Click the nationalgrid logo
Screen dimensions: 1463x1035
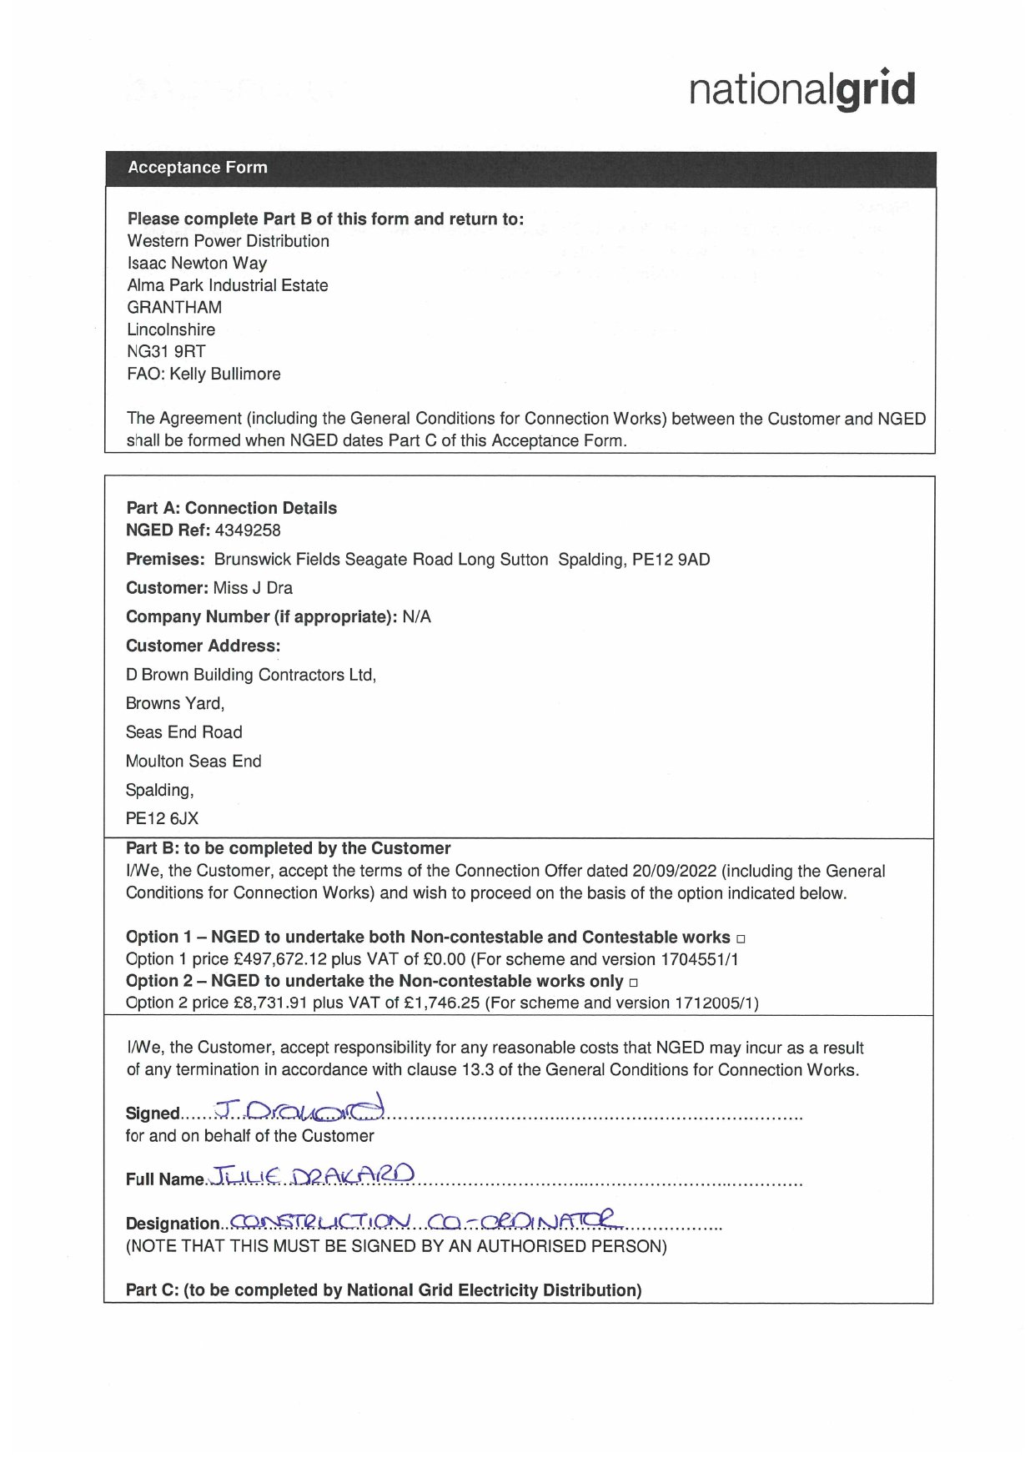[x=801, y=90]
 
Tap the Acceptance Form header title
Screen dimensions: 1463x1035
[x=198, y=168]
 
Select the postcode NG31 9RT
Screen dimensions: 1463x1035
[x=166, y=352]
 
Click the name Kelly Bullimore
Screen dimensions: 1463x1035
[x=225, y=374]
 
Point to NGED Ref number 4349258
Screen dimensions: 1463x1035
[x=248, y=530]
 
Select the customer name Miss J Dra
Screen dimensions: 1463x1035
[x=253, y=588]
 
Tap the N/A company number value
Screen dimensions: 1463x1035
[x=416, y=617]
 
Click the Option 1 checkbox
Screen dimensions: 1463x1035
[x=741, y=939]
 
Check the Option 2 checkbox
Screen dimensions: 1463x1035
[x=634, y=983]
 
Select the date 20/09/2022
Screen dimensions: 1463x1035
[x=674, y=871]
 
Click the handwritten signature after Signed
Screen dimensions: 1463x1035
[x=300, y=1109]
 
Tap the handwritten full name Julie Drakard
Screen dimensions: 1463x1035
[x=313, y=1176]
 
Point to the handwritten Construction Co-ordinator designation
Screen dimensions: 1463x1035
[x=425, y=1221]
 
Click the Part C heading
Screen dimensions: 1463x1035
[x=384, y=1290]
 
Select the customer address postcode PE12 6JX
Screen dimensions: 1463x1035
[x=162, y=819]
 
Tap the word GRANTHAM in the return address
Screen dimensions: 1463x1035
[x=174, y=308]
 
